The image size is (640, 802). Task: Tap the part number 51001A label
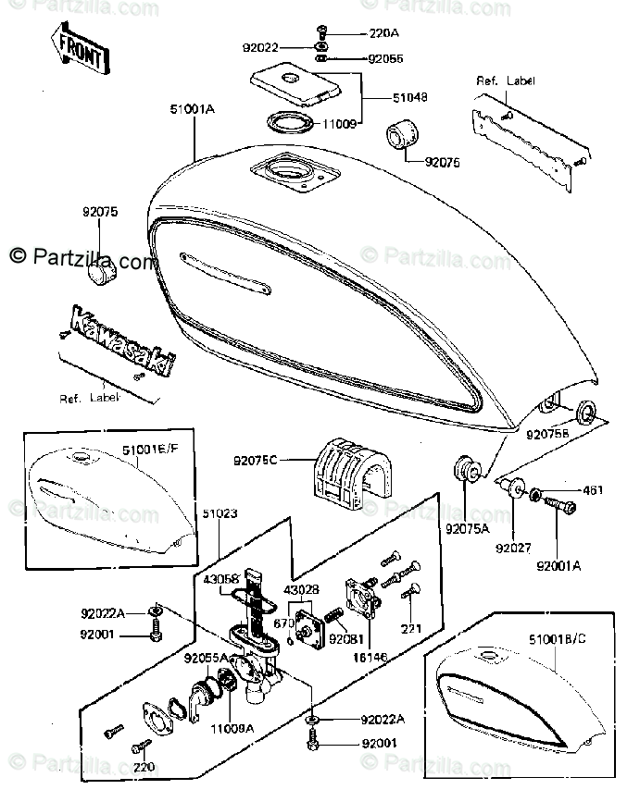tap(193, 109)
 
